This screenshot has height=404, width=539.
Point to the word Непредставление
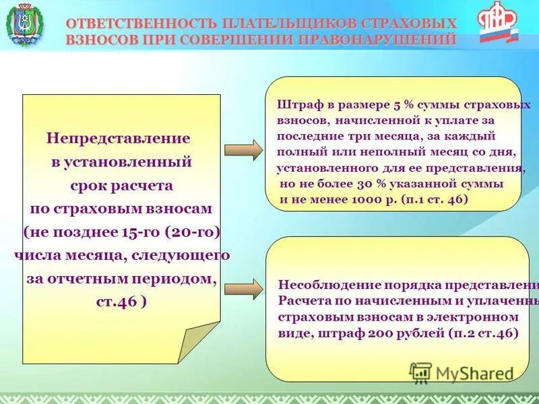coord(118,138)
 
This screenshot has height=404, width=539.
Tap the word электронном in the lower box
coord(481,316)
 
